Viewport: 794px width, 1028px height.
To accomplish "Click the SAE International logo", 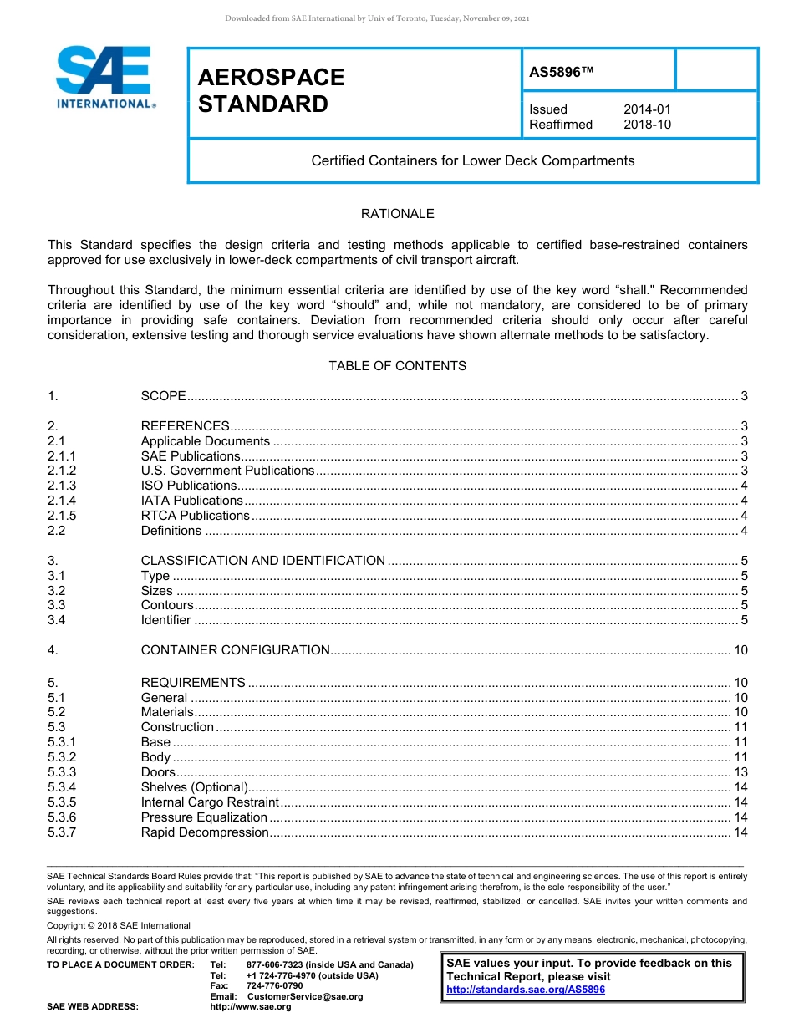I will tap(104, 78).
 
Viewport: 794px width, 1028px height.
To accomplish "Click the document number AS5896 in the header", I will tap(561, 73).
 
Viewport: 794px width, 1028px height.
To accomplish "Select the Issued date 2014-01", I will tap(647, 109).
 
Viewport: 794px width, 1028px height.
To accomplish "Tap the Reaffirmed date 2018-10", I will tap(647, 125).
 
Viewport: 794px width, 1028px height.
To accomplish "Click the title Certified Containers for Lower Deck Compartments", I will tap(472, 160).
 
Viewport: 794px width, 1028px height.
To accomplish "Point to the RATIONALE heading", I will tap(397, 214).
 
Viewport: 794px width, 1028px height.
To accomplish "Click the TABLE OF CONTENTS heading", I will tap(397, 366).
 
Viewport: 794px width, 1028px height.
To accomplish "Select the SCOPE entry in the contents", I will tap(163, 396).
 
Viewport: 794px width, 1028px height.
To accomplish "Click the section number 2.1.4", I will tap(62, 501).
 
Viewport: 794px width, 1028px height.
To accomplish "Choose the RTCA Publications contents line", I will tap(195, 516).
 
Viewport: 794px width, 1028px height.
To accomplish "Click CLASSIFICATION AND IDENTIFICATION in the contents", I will tap(262, 561).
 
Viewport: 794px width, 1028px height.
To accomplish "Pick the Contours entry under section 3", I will tap(166, 605).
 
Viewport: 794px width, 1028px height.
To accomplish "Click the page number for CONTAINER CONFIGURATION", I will tap(740, 650).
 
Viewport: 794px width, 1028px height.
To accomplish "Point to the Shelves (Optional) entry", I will tap(194, 787).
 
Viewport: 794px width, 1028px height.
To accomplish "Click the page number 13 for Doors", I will tap(740, 772).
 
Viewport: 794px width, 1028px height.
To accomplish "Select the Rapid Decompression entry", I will tap(204, 832).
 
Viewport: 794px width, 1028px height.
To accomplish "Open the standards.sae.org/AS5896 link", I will tap(526, 990).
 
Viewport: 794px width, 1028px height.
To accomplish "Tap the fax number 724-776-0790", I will tap(274, 986).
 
